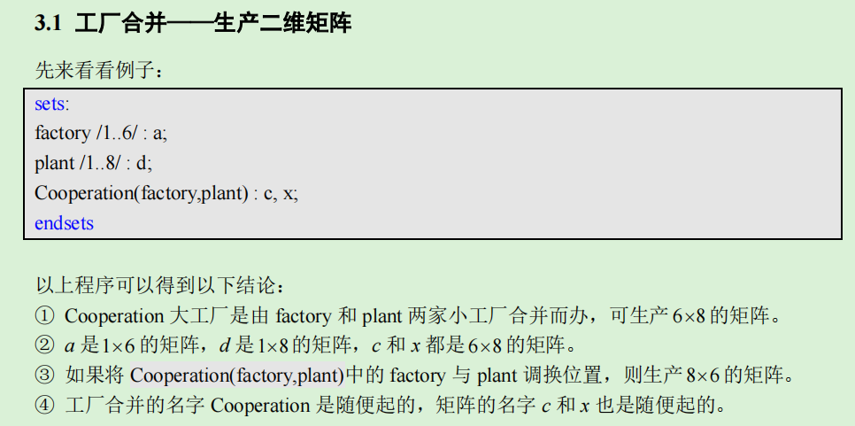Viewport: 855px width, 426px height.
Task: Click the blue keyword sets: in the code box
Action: point(51,104)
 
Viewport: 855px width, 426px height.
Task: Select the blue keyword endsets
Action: point(64,223)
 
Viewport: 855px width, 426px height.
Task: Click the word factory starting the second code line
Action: point(62,133)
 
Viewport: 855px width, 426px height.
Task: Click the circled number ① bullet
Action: point(44,315)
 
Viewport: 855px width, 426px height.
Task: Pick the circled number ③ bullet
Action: point(44,376)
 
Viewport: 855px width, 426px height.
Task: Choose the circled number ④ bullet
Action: point(44,406)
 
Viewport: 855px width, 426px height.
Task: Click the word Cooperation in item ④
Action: point(261,406)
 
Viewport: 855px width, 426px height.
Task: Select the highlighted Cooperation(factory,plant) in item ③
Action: point(237,376)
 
